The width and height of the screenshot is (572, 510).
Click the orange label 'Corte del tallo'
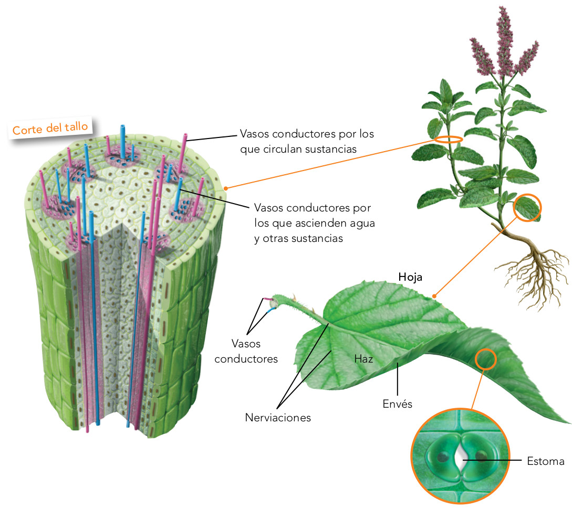pos(50,127)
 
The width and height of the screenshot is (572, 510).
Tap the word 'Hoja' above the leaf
pos(410,277)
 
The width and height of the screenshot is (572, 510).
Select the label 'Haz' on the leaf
pos(363,359)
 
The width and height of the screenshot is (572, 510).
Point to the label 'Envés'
pos(398,403)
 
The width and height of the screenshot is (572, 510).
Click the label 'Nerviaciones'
pos(278,418)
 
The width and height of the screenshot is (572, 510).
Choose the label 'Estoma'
pos(545,461)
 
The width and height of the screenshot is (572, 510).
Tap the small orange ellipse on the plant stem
pos(449,140)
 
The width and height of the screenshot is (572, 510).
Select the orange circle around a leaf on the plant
pos(527,208)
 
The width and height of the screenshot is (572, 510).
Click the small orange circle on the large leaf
pos(485,359)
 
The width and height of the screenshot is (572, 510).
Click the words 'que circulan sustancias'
pos(298,149)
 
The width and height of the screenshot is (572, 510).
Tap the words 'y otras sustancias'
pos(298,238)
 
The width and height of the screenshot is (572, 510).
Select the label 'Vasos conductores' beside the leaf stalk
pos(246,352)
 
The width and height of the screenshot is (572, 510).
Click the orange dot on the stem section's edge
pos(225,187)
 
